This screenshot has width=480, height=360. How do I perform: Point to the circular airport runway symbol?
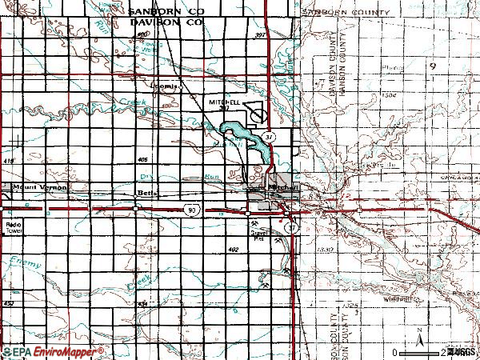click(259, 115)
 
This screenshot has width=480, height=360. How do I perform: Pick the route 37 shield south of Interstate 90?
click(294, 227)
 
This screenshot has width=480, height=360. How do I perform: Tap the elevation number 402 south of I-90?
click(233, 250)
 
